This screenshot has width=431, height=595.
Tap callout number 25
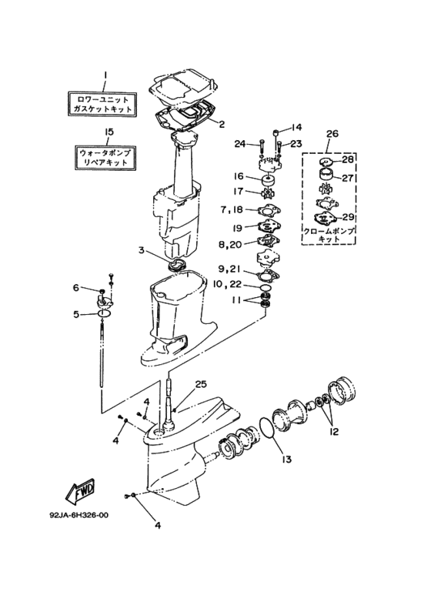(x=201, y=384)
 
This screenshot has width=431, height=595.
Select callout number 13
(x=286, y=460)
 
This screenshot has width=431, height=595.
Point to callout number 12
(x=334, y=432)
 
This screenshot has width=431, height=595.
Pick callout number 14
(x=296, y=127)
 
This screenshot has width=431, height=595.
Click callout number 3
(x=141, y=250)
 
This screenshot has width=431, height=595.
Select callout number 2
(x=222, y=124)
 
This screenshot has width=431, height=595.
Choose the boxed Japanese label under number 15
(x=105, y=158)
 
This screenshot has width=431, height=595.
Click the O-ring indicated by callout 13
(x=269, y=428)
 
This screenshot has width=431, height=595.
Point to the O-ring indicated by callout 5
(x=104, y=313)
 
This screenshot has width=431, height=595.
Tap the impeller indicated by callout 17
(x=268, y=194)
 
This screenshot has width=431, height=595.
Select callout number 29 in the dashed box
(x=348, y=217)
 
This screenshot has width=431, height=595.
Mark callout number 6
(x=76, y=288)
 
